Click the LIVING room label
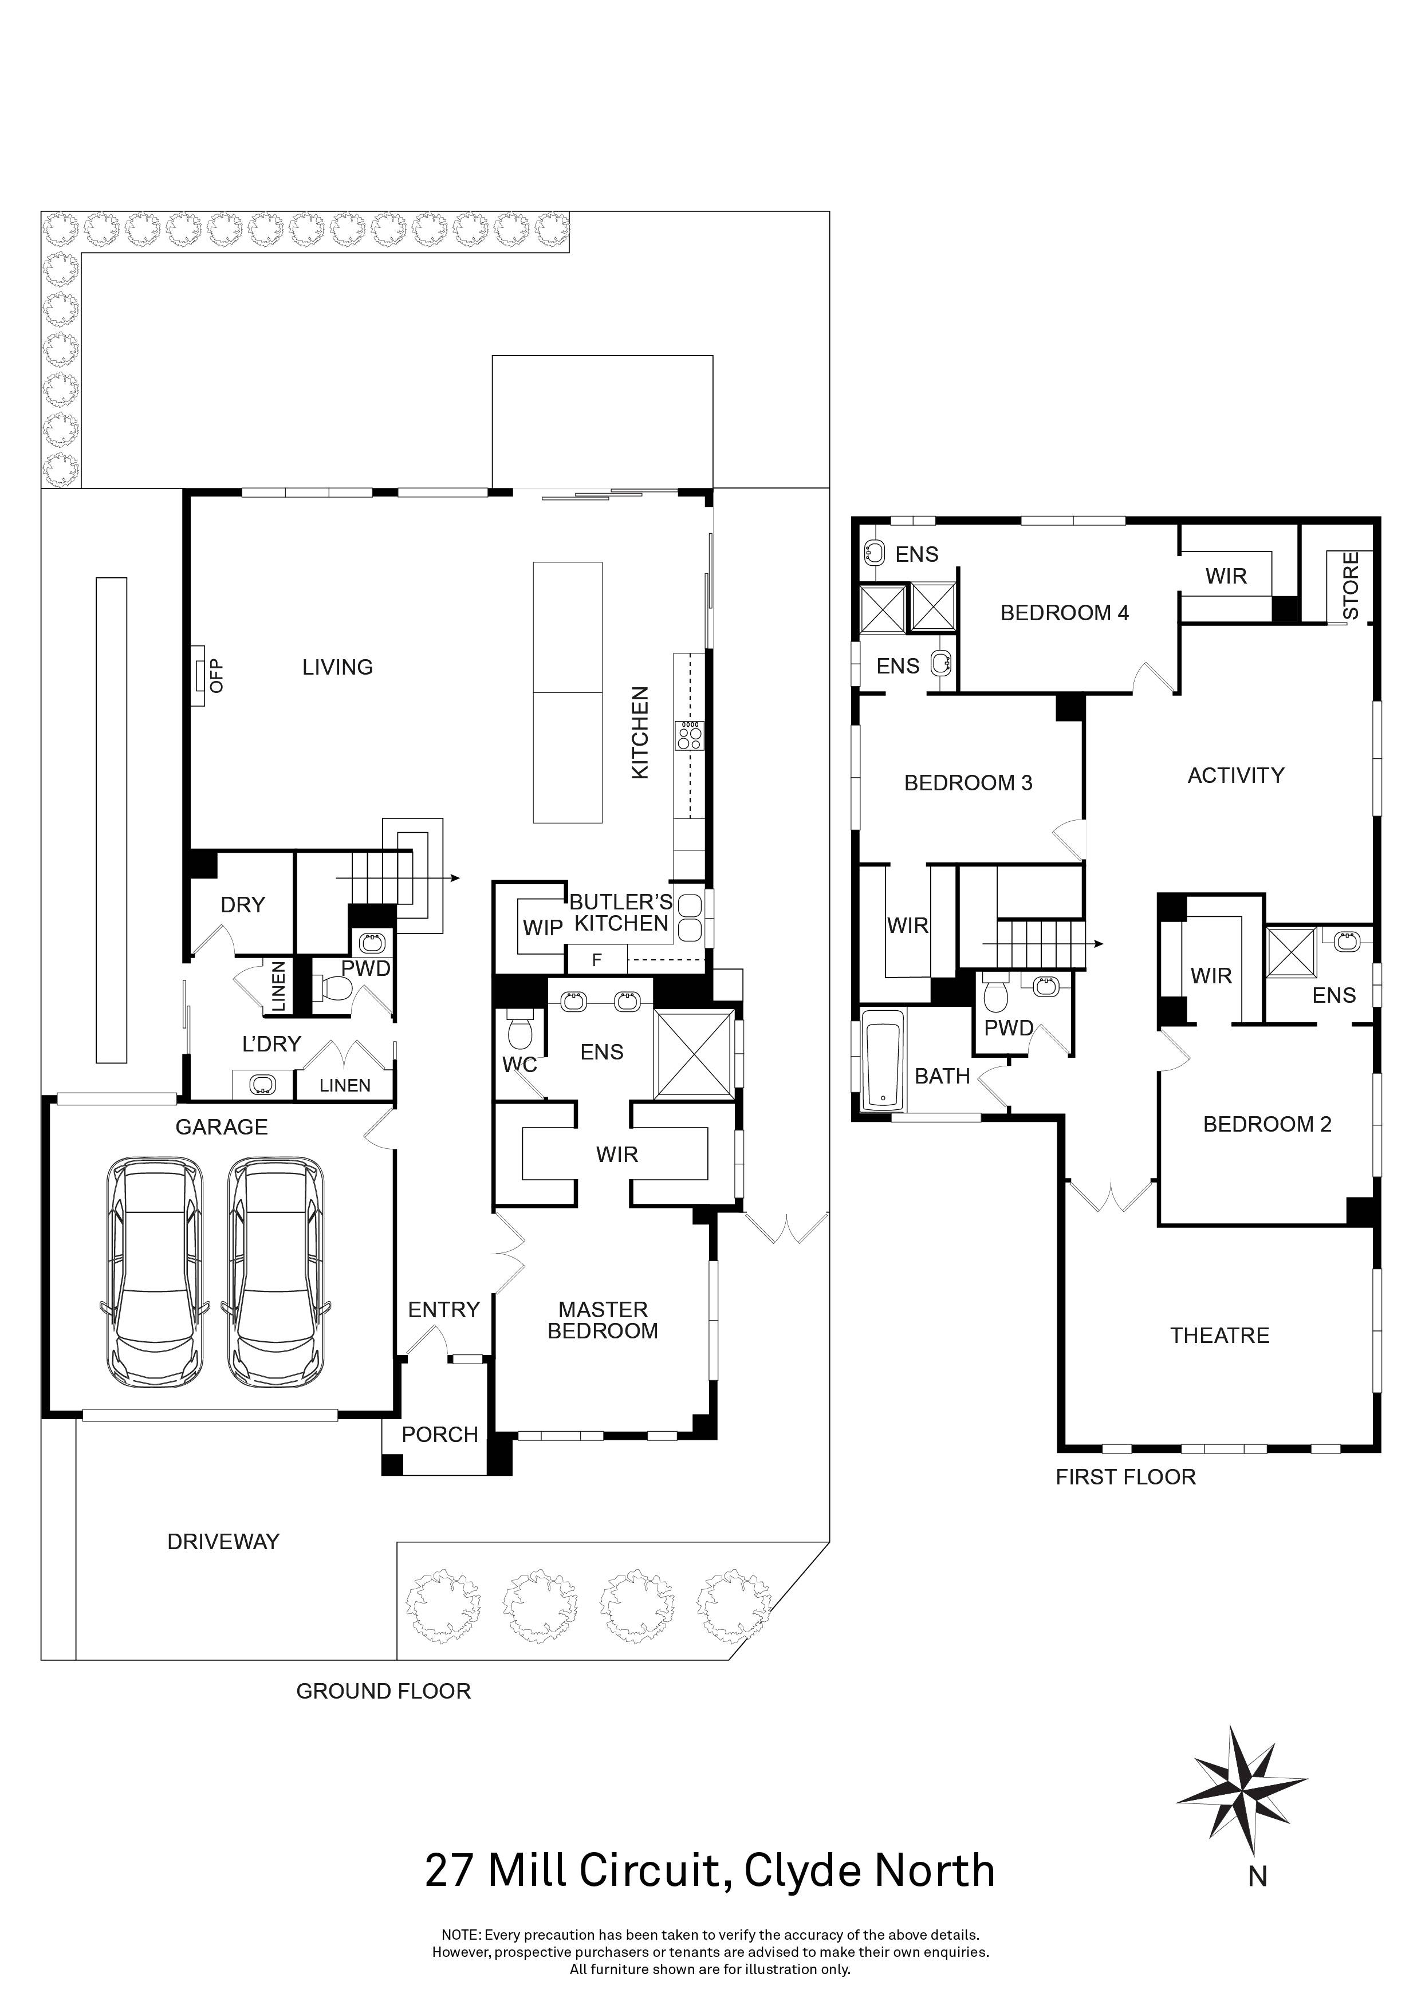click(338, 668)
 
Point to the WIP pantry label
click(542, 928)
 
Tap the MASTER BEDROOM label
click(603, 1321)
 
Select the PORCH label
click(440, 1435)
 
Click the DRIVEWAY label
click(223, 1542)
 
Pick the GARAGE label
click(222, 1127)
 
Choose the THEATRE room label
click(1220, 1336)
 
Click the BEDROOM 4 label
click(1065, 613)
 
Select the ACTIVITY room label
click(1235, 775)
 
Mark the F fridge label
click(597, 960)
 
